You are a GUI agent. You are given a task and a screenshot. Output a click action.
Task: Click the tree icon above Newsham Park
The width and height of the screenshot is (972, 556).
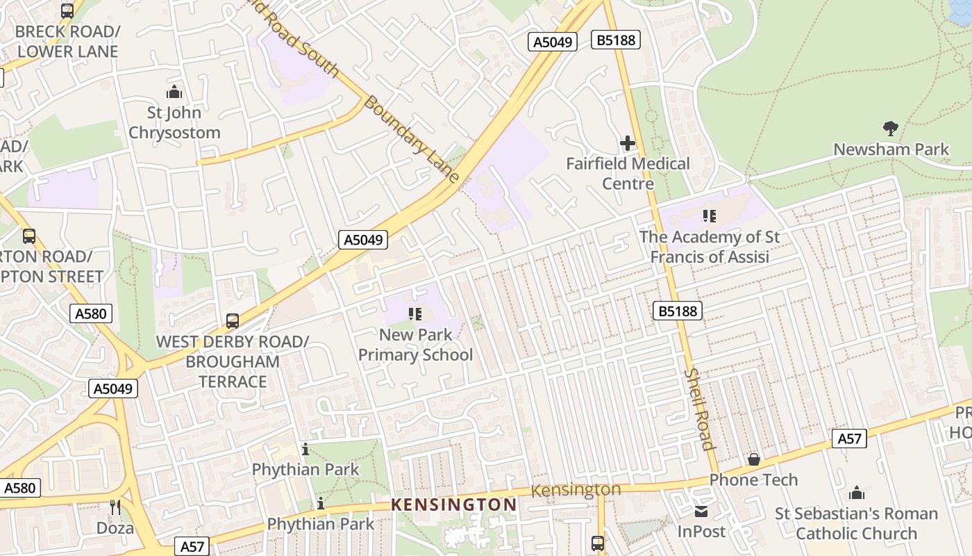(891, 128)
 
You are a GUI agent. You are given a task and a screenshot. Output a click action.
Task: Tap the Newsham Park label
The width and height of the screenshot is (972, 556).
(891, 149)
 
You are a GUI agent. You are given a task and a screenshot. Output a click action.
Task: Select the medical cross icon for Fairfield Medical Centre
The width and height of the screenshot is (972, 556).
(628, 143)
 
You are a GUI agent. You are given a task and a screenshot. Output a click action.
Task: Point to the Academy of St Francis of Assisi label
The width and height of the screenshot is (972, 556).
(709, 247)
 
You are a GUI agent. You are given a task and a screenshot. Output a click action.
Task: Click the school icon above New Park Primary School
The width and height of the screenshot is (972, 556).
(415, 314)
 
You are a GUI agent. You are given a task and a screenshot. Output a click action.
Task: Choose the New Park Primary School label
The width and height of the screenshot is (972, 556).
(415, 345)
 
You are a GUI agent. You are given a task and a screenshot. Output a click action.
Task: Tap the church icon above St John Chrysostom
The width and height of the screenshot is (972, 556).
(174, 92)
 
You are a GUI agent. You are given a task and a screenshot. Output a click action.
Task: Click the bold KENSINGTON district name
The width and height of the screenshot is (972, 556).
(454, 505)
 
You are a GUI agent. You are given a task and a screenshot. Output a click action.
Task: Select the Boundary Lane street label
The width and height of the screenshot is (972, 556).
(412, 139)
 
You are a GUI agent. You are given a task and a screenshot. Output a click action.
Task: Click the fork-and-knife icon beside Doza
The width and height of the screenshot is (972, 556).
(115, 507)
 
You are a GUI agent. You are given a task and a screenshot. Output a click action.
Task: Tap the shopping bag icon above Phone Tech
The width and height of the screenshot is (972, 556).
(753, 459)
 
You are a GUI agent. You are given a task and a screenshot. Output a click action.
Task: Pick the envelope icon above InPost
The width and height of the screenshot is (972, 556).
(701, 512)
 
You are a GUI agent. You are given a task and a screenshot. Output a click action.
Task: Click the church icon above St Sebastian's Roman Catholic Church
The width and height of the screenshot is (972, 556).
(857, 493)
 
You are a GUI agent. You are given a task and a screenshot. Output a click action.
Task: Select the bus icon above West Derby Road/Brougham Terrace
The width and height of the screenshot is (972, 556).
(233, 321)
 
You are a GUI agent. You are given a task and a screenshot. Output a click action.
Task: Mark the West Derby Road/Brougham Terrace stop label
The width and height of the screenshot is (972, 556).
(232, 361)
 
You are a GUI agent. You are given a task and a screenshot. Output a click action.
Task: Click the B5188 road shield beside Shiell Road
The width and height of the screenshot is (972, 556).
(677, 311)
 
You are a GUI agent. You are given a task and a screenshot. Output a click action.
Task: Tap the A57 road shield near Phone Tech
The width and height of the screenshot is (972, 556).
(849, 439)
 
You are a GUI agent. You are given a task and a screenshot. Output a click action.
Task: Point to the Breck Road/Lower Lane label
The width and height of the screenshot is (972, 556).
(67, 42)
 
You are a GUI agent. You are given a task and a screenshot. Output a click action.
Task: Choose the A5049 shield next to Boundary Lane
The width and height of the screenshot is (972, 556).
(363, 240)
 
